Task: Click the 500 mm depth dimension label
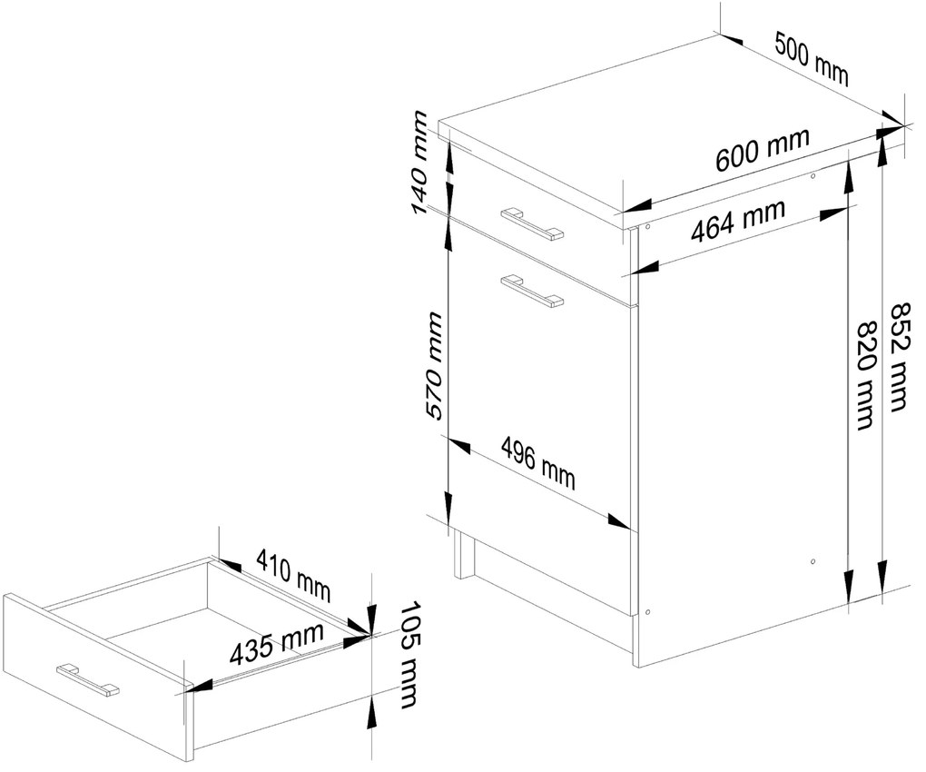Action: pyautogui.click(x=812, y=58)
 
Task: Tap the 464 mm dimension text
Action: pyautogui.click(x=737, y=222)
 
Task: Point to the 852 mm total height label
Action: pyautogui.click(x=896, y=356)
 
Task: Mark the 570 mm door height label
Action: pyautogui.click(x=434, y=365)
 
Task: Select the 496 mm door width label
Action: pyautogui.click(x=537, y=461)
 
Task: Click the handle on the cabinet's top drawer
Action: pyautogui.click(x=531, y=223)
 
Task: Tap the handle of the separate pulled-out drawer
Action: pyautogui.click(x=87, y=680)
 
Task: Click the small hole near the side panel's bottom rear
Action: pyautogui.click(x=813, y=562)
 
